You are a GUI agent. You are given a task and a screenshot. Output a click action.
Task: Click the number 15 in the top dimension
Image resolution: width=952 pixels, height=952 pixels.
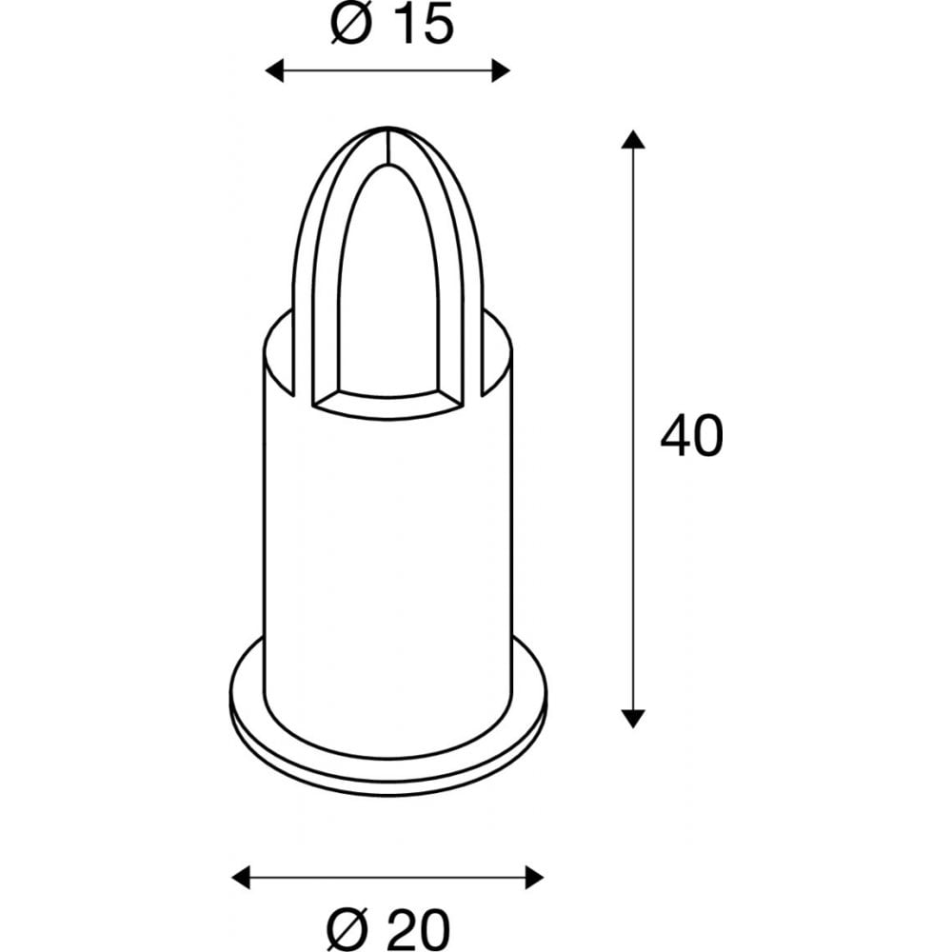tap(418, 26)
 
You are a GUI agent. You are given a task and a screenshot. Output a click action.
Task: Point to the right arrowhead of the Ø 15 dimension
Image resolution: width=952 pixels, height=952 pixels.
tap(501, 70)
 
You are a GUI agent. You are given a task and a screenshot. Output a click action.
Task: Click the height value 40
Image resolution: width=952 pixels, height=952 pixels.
tap(691, 437)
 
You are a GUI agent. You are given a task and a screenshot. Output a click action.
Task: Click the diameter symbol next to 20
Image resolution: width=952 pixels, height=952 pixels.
tap(348, 923)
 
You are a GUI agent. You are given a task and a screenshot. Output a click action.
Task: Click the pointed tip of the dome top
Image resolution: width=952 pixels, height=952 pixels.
tap(387, 128)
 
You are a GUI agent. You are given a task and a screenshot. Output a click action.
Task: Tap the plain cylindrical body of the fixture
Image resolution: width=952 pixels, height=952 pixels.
tap(387, 552)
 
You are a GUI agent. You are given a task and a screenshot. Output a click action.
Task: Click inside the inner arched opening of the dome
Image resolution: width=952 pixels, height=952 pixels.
tap(387, 286)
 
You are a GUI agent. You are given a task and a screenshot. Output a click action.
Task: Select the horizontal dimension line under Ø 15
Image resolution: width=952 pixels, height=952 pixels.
tap(387, 70)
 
